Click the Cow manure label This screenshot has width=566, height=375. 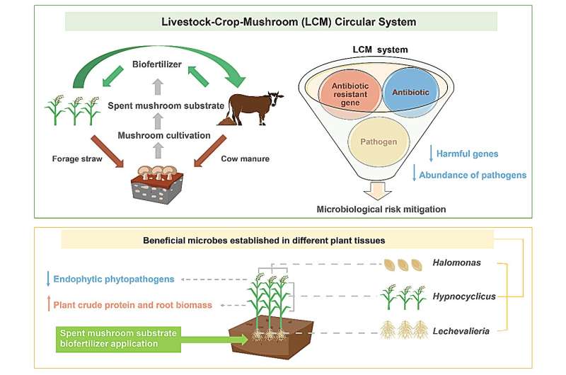coord(245,159)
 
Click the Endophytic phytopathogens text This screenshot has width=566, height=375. coord(113,279)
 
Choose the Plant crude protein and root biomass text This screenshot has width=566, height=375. coord(132,304)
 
